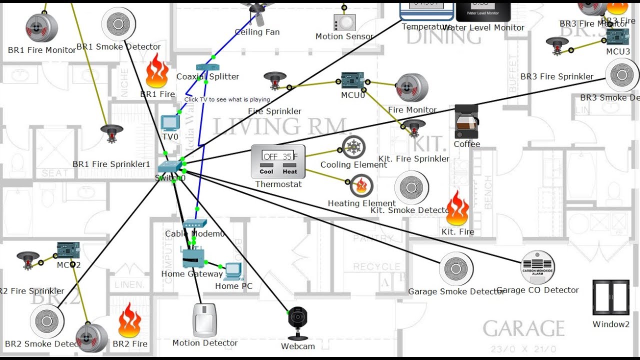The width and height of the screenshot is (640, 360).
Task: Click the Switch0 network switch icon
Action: click(x=171, y=167)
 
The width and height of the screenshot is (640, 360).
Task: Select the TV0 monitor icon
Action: click(x=169, y=123)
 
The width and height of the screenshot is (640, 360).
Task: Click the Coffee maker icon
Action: click(x=466, y=122)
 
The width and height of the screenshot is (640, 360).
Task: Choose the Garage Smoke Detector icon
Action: click(x=456, y=269)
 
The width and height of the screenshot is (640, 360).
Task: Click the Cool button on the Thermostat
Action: click(x=266, y=171)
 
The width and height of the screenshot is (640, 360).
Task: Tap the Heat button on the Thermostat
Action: click(x=290, y=171)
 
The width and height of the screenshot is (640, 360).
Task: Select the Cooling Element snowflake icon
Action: click(x=354, y=147)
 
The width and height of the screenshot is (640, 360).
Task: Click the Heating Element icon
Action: click(x=361, y=186)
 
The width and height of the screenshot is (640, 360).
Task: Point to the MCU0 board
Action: click(x=353, y=80)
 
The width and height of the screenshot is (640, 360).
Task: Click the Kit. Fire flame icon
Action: click(x=457, y=209)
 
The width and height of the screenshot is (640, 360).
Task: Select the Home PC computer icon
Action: click(x=233, y=271)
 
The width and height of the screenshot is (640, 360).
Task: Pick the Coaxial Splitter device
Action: click(x=207, y=67)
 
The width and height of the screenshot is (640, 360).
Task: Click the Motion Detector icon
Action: click(x=204, y=320)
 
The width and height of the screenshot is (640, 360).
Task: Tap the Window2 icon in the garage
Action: click(x=610, y=297)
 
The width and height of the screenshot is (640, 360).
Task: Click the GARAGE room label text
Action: click(x=523, y=328)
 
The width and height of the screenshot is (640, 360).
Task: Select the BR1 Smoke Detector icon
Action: click(x=119, y=24)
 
